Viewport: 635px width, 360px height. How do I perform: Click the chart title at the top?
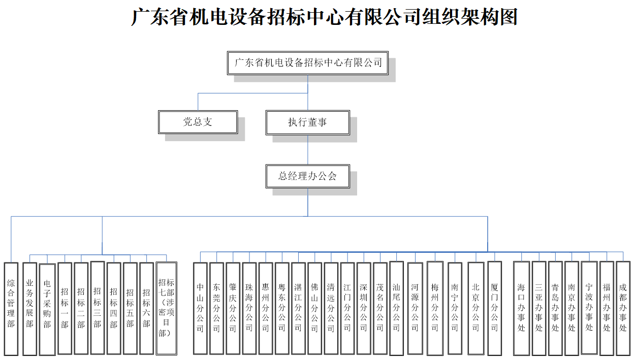click(324, 16)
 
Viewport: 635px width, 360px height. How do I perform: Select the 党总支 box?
click(198, 122)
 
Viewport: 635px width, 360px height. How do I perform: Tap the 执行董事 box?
click(307, 122)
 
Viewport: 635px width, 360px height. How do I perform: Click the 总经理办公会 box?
click(307, 176)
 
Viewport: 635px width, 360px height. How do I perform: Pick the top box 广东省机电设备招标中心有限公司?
click(308, 63)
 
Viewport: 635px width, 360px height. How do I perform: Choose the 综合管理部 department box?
click(11, 308)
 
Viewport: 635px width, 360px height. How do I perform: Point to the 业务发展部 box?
click(29, 308)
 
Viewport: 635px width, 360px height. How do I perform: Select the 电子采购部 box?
click(47, 309)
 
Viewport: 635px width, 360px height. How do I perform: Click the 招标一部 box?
click(65, 308)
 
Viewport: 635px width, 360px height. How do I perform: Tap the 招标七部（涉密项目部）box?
click(166, 308)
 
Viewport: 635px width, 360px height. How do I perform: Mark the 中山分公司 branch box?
click(200, 308)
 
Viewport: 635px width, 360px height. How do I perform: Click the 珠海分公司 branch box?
click(249, 308)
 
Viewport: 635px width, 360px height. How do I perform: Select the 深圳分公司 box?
click(363, 308)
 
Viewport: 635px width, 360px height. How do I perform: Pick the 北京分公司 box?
click(475, 308)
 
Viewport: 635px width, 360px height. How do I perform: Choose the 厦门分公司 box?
click(494, 308)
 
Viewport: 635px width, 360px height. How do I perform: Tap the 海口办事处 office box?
click(521, 308)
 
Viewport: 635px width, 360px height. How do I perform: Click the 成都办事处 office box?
click(623, 308)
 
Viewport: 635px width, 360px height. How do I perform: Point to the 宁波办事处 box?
click(589, 308)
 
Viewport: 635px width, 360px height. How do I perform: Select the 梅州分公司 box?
click(435, 308)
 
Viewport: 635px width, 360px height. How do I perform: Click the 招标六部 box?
click(146, 308)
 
